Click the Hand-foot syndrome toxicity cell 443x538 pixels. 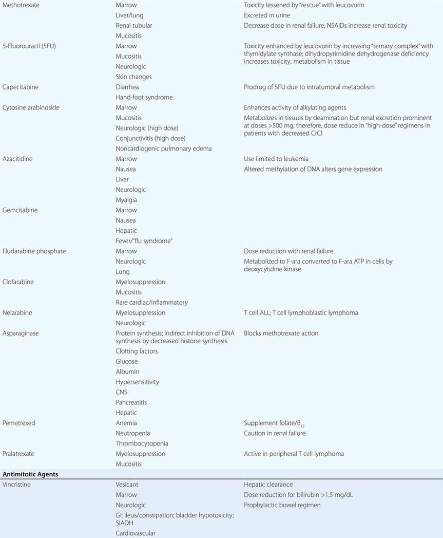click(144, 97)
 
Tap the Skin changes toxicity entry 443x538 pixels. click(133, 77)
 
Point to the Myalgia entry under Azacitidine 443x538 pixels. click(126, 200)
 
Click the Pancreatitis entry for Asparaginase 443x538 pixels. click(131, 402)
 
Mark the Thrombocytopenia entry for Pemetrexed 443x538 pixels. click(142, 443)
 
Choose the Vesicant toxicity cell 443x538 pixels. click(127, 485)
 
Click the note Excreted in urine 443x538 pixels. click(267, 15)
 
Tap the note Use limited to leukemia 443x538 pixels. click(276, 159)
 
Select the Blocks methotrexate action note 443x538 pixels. click(281, 333)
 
